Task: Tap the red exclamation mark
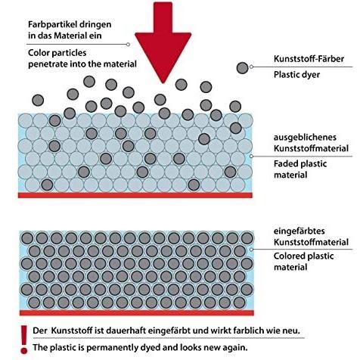pyautogui.click(x=24, y=340)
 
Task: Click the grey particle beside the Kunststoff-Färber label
pyautogui.click(x=243, y=68)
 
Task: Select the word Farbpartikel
pyautogui.click(x=49, y=24)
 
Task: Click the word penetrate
pyautogui.click(x=48, y=64)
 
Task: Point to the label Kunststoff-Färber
pyautogui.click(x=309, y=59)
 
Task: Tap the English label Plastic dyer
pyautogui.click(x=296, y=75)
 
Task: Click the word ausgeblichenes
pyautogui.click(x=305, y=138)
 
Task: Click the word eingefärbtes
pyautogui.click(x=299, y=231)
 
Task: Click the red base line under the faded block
pyautogui.click(x=135, y=195)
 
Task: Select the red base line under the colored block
pyautogui.click(x=137, y=313)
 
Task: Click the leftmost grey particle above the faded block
pyautogui.click(x=38, y=101)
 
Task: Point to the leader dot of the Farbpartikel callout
pyautogui.click(x=128, y=45)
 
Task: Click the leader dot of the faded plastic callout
pyautogui.click(x=251, y=157)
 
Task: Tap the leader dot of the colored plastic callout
pyautogui.click(x=251, y=250)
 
